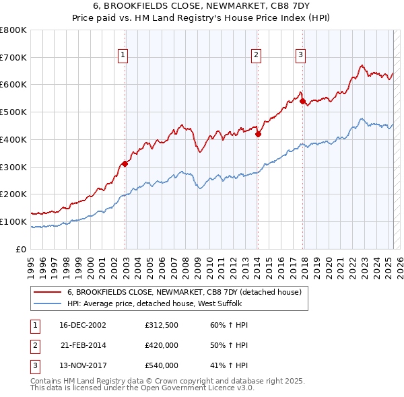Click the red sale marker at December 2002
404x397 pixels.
[x=125, y=164]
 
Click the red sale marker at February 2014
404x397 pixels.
[x=258, y=134]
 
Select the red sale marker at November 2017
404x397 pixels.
[x=302, y=102]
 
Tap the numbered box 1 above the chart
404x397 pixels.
[x=125, y=56]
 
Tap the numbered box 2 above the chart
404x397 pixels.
[x=257, y=56]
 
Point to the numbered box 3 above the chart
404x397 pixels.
[x=301, y=56]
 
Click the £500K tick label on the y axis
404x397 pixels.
[x=13, y=112]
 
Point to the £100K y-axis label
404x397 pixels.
[x=13, y=221]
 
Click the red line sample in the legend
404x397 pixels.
[x=46, y=292]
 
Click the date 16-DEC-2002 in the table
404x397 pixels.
[x=83, y=326]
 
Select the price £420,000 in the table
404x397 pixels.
[x=162, y=345]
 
